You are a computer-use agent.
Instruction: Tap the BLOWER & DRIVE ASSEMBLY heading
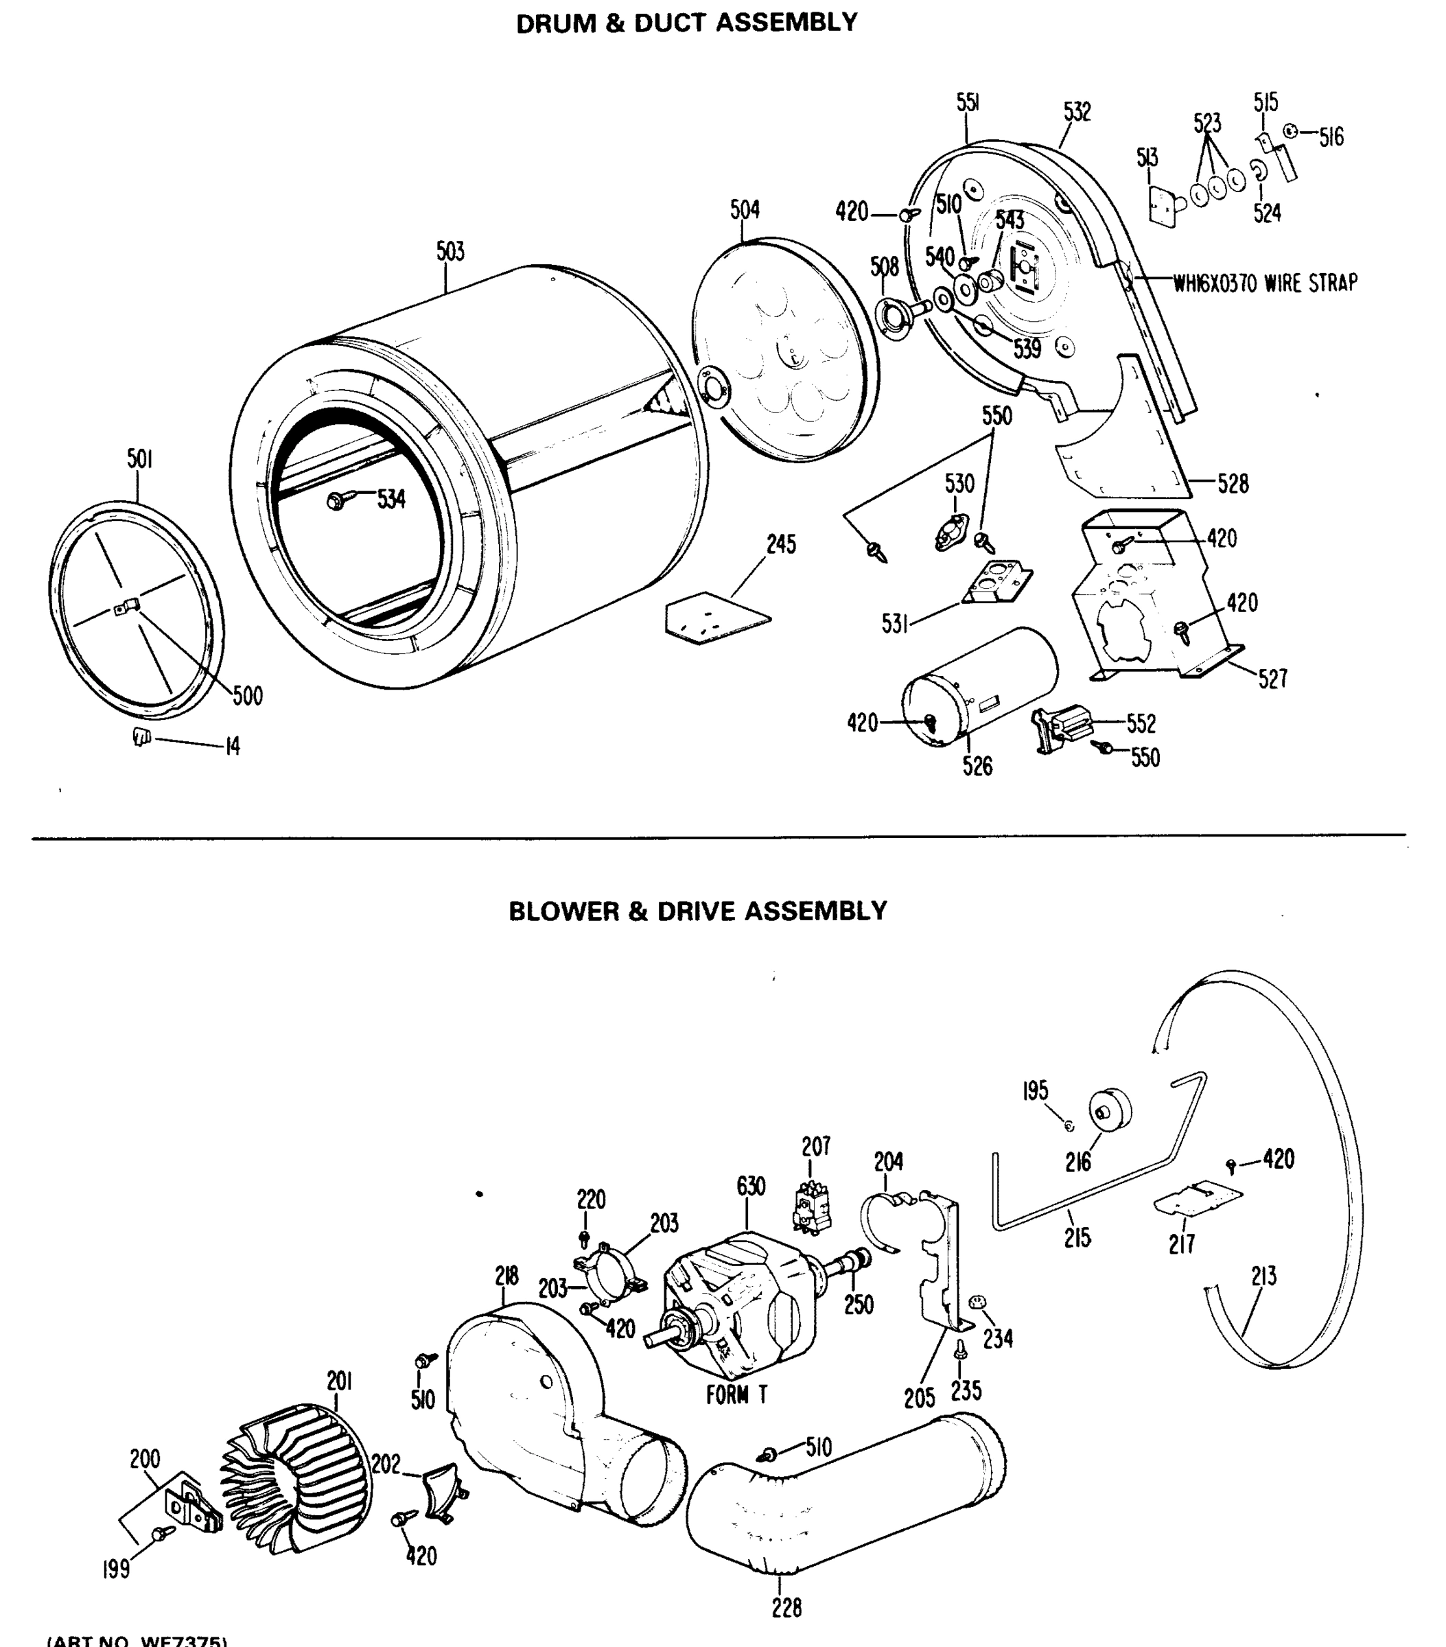pos(697,911)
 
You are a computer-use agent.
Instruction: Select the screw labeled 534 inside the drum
pos(338,500)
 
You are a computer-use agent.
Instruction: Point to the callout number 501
pos(139,458)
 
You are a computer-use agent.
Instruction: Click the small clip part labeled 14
pos(142,736)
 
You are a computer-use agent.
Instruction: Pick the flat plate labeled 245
pos(716,618)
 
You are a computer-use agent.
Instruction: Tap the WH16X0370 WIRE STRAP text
pos(1265,283)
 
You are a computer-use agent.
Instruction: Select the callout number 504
pos(745,209)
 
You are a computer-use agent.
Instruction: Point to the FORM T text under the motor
pos(736,1394)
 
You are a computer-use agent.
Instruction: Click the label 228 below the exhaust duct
pos(786,1609)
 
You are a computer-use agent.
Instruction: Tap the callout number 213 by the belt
pos(1264,1276)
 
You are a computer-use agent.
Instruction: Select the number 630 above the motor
pos(750,1186)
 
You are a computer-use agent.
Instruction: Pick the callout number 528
pos(1233,484)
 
